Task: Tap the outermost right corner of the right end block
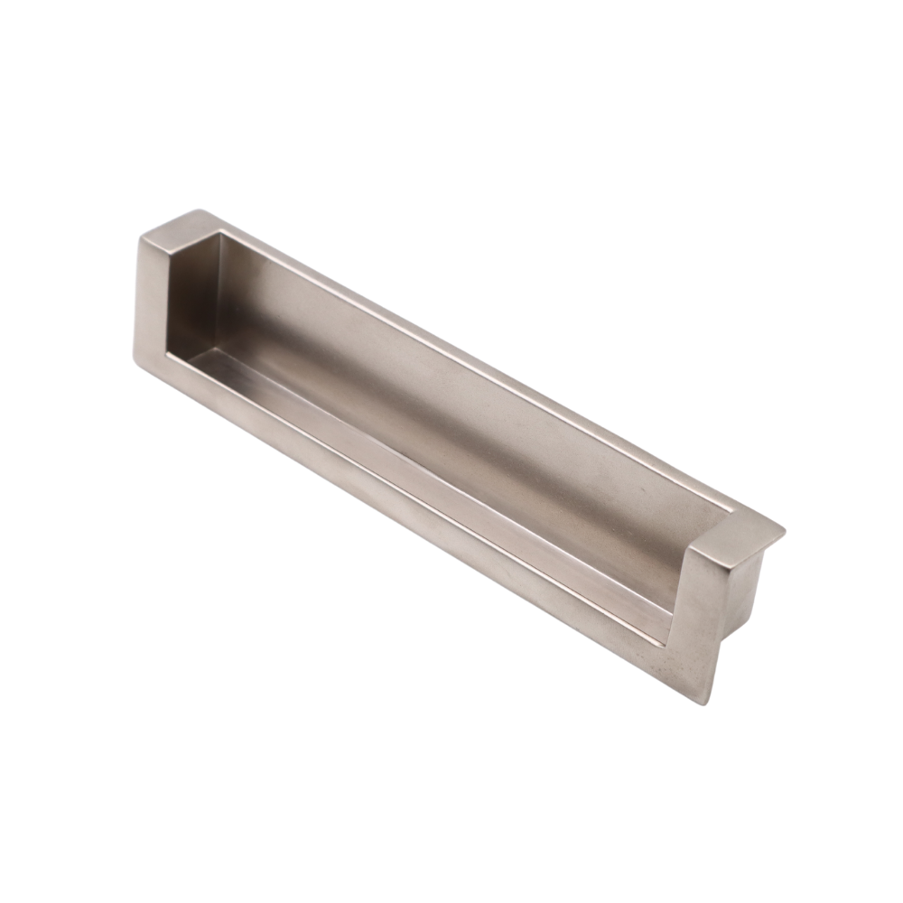[x=783, y=531]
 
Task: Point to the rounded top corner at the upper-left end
[x=200, y=212]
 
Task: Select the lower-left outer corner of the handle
[x=136, y=362]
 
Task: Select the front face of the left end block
[x=152, y=298]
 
